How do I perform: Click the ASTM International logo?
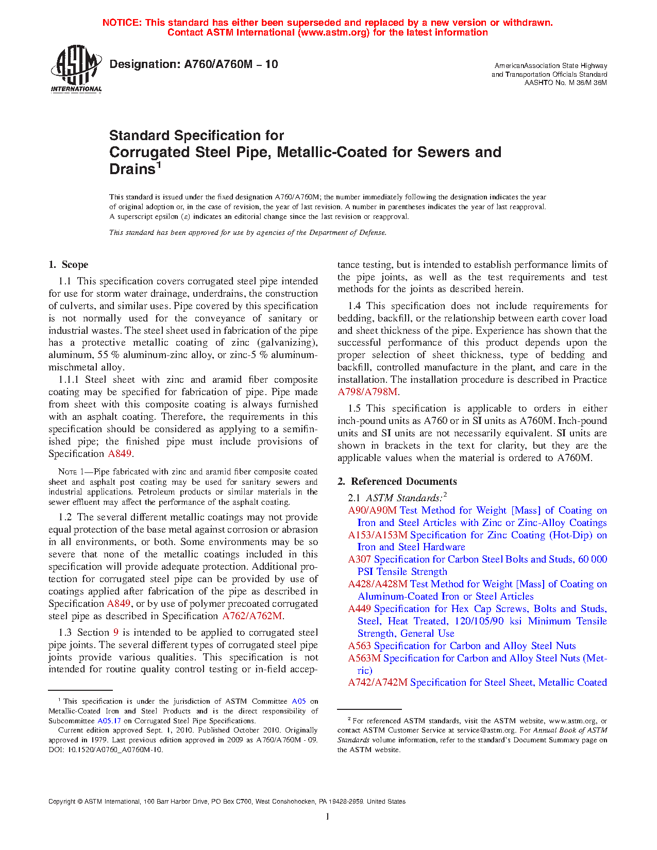click(x=76, y=69)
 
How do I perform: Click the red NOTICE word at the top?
click(x=122, y=23)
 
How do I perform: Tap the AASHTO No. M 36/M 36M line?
click(x=565, y=83)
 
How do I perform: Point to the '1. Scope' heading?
click(x=69, y=265)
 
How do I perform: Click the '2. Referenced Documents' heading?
click(x=397, y=482)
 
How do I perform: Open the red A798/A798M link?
click(x=367, y=392)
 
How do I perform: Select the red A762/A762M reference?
click(x=252, y=616)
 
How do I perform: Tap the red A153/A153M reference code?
click(x=377, y=535)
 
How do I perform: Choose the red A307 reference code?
click(x=359, y=559)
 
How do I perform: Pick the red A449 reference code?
click(x=359, y=609)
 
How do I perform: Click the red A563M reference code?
click(x=364, y=658)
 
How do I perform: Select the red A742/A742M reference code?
click(x=377, y=683)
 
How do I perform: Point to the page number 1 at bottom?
click(x=328, y=816)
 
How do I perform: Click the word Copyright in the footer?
click(x=62, y=802)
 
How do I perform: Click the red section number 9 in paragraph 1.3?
click(x=116, y=633)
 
